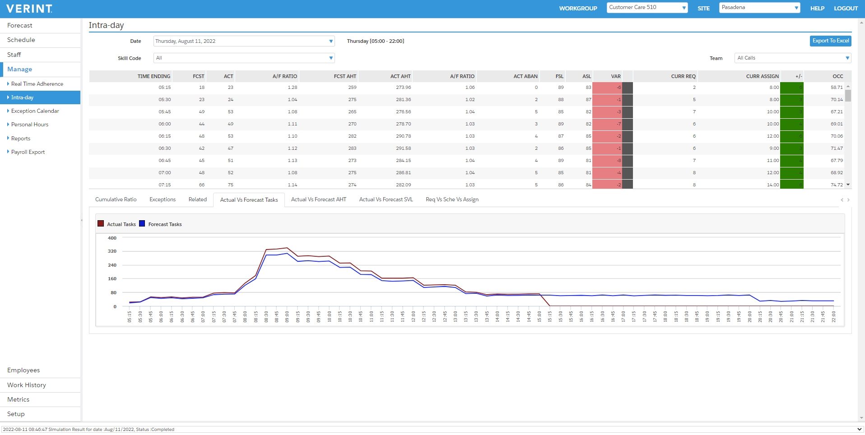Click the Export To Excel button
coord(830,41)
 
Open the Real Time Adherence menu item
coord(37,84)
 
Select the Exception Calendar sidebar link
coord(35,111)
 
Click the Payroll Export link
coord(28,152)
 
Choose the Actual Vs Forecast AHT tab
coord(318,199)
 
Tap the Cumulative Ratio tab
coord(116,199)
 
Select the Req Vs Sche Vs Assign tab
coord(452,199)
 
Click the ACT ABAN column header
coord(525,76)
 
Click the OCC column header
coord(837,76)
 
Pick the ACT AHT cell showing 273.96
coord(403,88)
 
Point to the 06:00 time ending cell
coord(164,124)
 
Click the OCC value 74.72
coord(836,185)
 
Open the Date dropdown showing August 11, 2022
coord(244,41)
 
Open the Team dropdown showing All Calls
coord(792,58)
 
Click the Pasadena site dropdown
coord(759,8)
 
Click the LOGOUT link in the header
coord(846,8)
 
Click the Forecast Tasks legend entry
coord(164,224)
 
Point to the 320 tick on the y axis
coord(112,251)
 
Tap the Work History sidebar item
coord(27,385)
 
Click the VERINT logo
coord(29,9)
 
